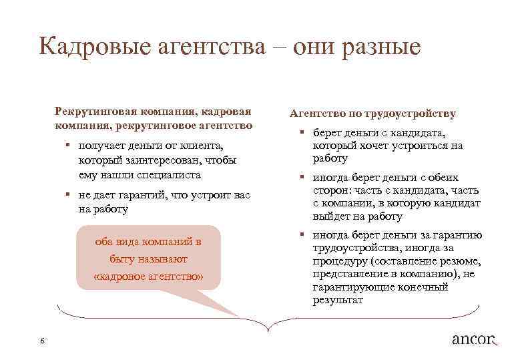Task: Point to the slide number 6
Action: [x=42, y=341]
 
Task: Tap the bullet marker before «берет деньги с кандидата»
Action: [x=302, y=134]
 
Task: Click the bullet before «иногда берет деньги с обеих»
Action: [x=302, y=178]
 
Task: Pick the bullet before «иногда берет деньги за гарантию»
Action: [x=302, y=235]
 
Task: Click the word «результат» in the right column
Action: [x=338, y=301]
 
